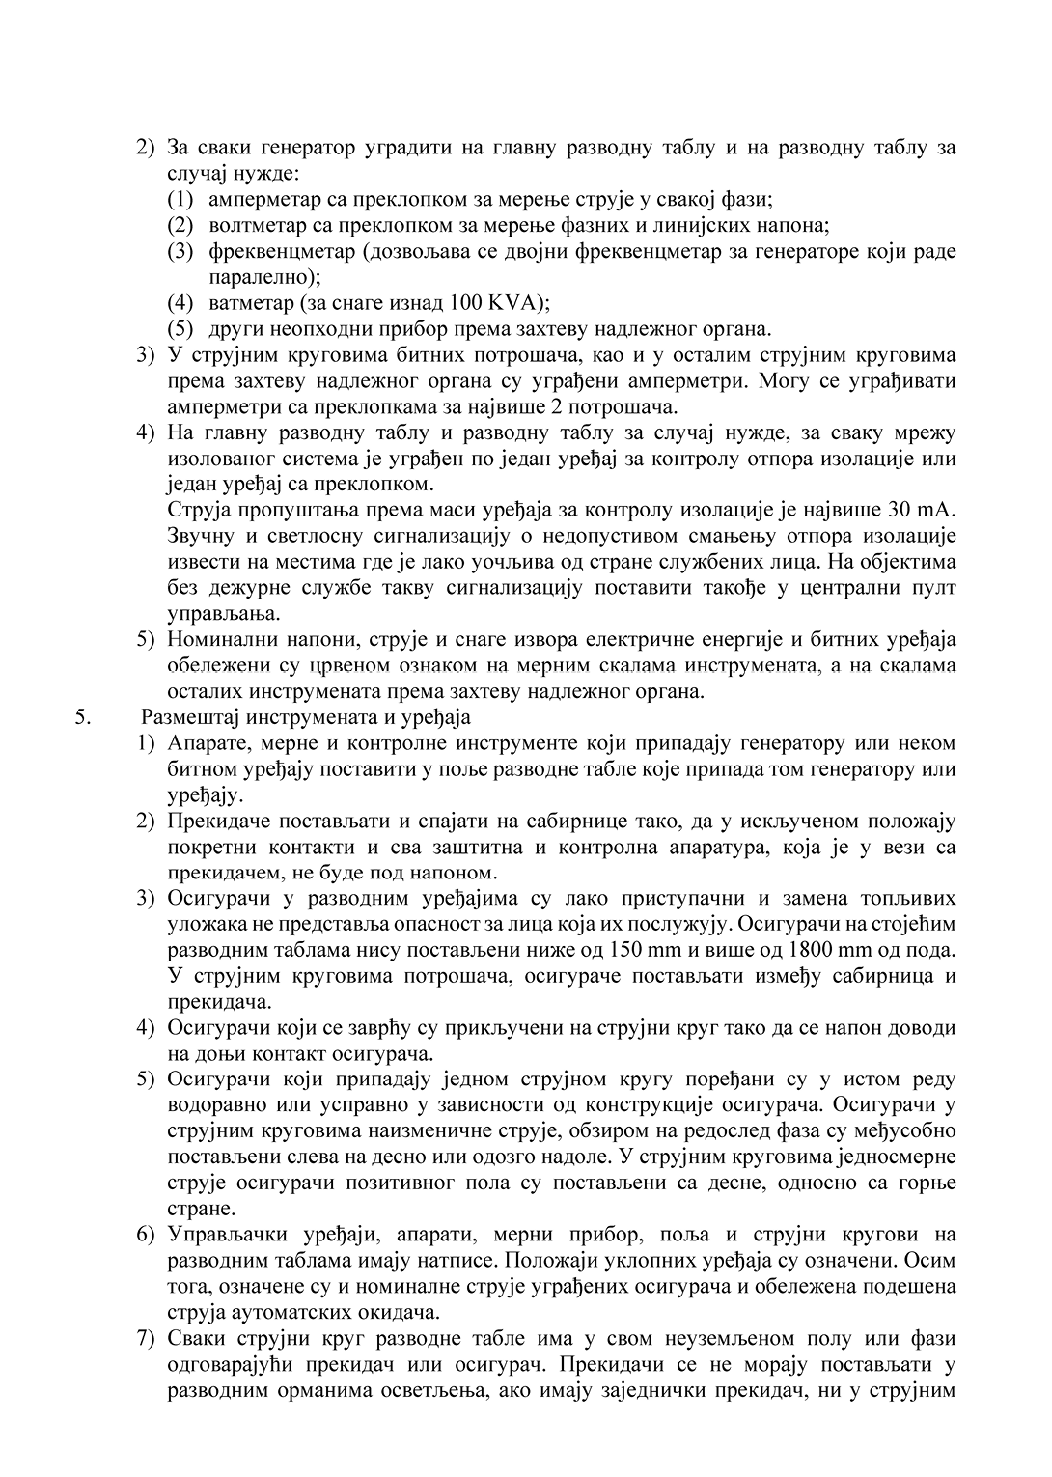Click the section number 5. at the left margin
[x=81, y=717]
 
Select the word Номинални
[x=217, y=639]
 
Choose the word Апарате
[x=204, y=743]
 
